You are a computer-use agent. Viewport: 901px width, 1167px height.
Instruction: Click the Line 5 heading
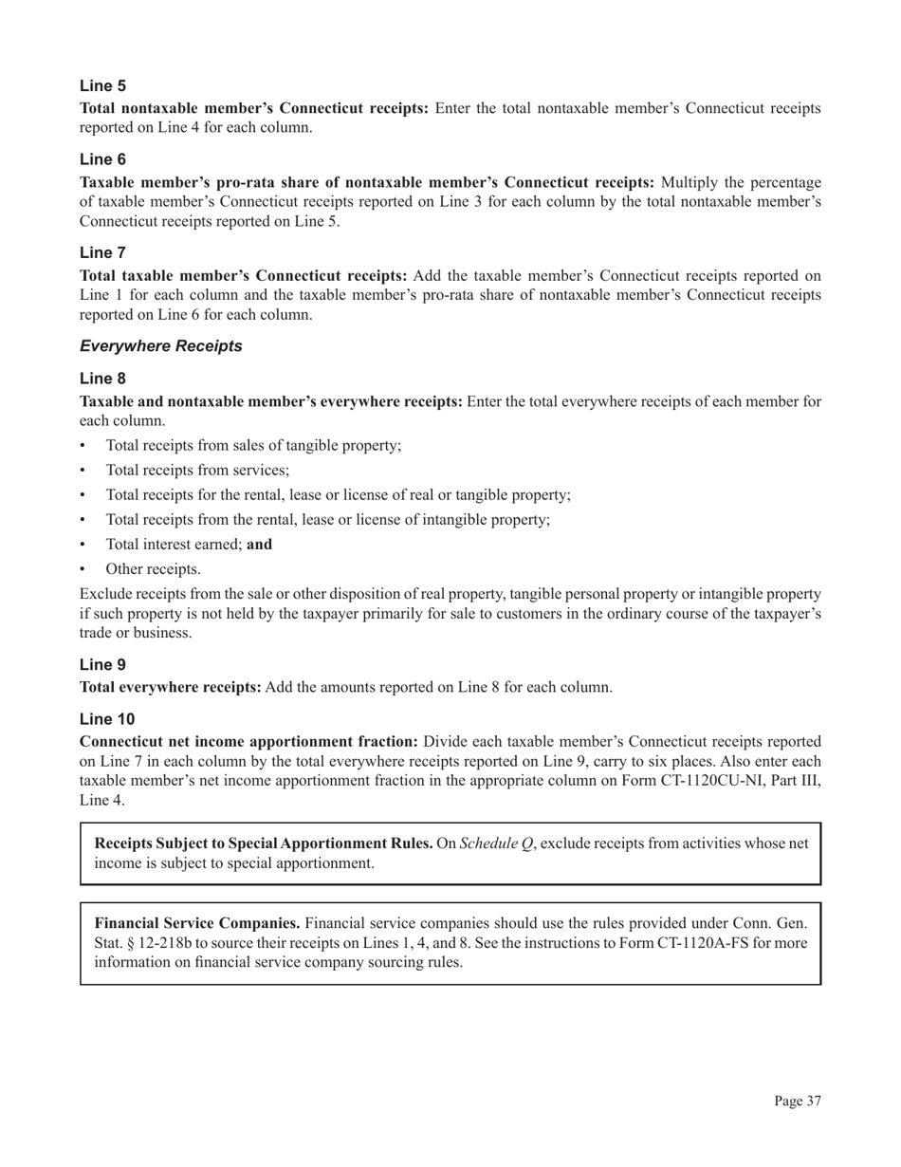coord(102,86)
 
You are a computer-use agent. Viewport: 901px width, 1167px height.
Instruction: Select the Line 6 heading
coord(102,159)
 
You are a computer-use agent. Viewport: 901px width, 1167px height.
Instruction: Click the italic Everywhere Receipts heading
coord(161,346)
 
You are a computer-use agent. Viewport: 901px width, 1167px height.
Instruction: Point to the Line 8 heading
coord(102,379)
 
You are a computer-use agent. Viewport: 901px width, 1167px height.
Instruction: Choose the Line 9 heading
coord(102,665)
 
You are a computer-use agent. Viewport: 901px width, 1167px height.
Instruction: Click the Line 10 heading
coord(106,719)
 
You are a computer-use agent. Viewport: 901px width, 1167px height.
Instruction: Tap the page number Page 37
coord(797,1101)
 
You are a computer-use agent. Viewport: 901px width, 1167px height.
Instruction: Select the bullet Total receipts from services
coord(197,470)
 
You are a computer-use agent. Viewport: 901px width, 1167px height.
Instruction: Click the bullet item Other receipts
coord(153,569)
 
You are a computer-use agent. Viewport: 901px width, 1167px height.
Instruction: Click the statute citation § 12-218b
coord(132,942)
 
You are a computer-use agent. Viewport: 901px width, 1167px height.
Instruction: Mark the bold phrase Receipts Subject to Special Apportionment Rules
coord(264,843)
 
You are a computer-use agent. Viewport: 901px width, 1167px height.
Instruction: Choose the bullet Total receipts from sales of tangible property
coord(253,445)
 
